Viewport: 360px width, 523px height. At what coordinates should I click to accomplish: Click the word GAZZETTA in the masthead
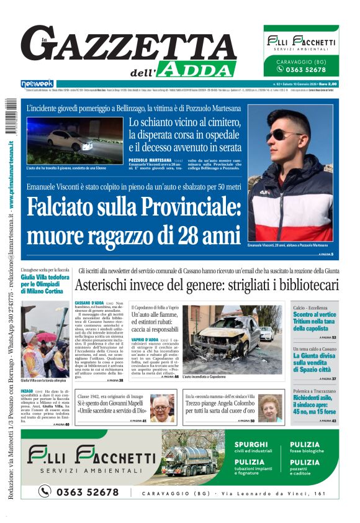tap(128, 47)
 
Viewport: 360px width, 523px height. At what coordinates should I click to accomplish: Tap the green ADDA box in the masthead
tap(197, 69)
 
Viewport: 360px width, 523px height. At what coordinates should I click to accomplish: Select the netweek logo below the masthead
tap(37, 84)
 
